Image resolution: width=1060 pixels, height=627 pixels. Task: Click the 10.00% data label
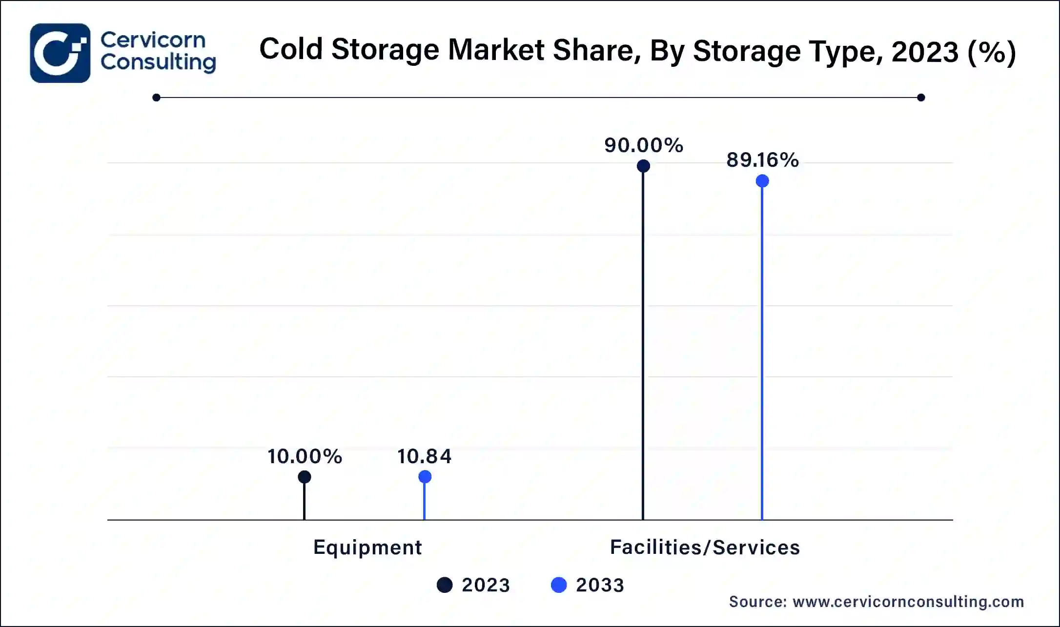(x=305, y=456)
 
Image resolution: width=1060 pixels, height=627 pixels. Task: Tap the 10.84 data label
(x=424, y=456)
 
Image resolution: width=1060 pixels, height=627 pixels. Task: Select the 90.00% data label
(x=644, y=145)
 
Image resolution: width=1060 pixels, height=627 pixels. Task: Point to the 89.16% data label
(x=762, y=160)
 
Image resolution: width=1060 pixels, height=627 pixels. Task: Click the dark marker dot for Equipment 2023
(x=305, y=477)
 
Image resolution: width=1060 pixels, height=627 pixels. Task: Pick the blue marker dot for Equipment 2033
(x=425, y=477)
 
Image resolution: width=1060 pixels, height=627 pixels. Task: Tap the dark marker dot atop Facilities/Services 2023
(x=643, y=166)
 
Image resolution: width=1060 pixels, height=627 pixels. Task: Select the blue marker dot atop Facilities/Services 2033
(x=762, y=181)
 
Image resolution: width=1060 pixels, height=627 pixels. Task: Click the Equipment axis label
(x=367, y=548)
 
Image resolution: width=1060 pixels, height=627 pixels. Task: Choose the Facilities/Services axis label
(x=705, y=548)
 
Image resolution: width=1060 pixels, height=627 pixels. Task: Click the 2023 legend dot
(x=445, y=585)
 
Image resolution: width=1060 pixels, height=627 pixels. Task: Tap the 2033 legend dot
(x=559, y=585)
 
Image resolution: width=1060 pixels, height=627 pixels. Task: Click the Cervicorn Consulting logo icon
(x=60, y=53)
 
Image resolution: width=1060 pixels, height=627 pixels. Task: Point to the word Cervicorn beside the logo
(x=153, y=40)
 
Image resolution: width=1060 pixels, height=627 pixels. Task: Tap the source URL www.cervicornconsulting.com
(x=908, y=602)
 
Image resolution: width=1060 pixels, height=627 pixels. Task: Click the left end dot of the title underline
(x=156, y=98)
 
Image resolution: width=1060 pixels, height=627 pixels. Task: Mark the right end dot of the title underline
(x=921, y=98)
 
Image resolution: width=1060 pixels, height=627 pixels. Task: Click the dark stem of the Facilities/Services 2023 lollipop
(x=643, y=341)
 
